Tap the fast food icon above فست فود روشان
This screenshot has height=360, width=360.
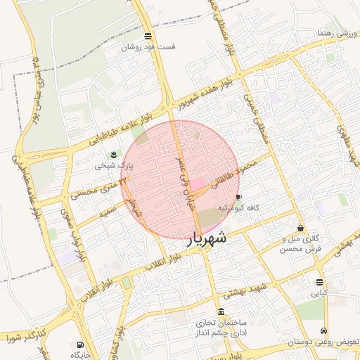tap(147, 36)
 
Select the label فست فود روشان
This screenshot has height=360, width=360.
tap(147, 47)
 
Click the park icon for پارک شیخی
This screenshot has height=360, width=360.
tap(112, 154)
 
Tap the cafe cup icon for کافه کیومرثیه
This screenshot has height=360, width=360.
tap(238, 197)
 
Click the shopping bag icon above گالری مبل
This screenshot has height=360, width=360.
tap(301, 228)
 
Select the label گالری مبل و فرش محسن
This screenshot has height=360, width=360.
tap(300, 244)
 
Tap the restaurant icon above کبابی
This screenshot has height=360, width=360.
tap(320, 283)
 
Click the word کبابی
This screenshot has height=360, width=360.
tap(320, 293)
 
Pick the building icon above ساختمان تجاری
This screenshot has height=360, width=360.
tap(221, 311)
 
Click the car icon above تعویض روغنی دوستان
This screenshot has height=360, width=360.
tap(323, 330)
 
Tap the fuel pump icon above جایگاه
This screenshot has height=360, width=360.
tap(79, 345)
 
